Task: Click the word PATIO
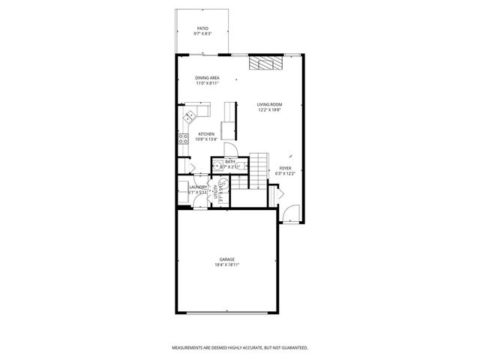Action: point(203,28)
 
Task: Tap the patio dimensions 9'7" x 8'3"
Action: point(203,34)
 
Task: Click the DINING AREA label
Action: point(207,78)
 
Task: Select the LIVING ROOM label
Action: point(268,104)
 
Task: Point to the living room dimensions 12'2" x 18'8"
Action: point(268,110)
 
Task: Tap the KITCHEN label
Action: point(206,134)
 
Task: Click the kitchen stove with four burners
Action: point(182,138)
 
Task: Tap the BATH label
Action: point(230,161)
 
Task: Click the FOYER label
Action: point(285,167)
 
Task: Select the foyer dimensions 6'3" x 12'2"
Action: point(285,173)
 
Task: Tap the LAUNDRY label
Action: point(198,187)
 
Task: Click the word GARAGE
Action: point(227,259)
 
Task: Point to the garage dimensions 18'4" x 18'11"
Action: point(227,265)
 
